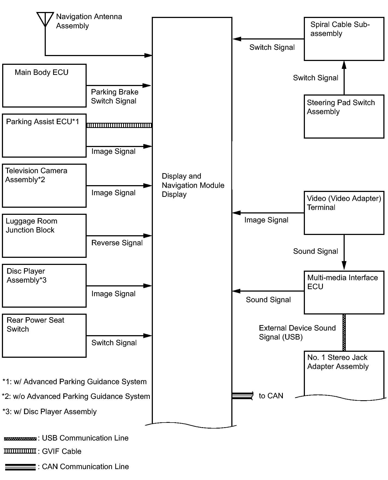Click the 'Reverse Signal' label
117,243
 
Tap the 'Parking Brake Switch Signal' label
114,96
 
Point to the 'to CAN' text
271,396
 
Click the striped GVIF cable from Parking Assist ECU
119,125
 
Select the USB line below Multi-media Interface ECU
344,332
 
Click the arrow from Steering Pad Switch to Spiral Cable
344,78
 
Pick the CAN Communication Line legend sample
20,467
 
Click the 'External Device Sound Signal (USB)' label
297,332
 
